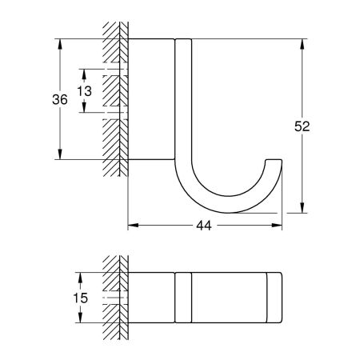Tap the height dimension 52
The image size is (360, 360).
click(302, 126)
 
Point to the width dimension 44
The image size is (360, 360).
click(203, 227)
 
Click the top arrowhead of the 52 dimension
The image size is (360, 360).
click(302, 42)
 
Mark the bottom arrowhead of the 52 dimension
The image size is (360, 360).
click(302, 210)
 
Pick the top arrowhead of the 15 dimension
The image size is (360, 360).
click(80, 277)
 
